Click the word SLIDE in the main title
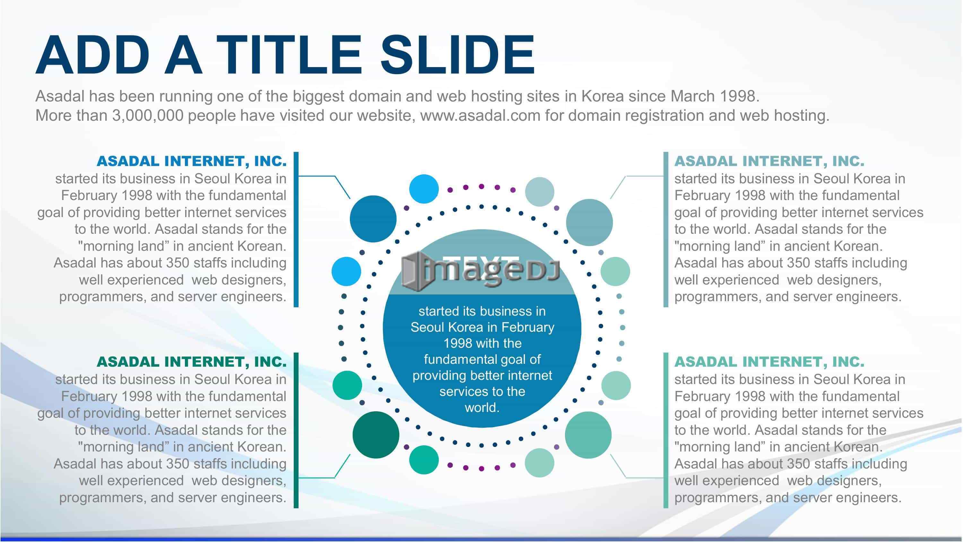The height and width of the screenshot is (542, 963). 457,55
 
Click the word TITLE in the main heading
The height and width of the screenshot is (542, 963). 289,55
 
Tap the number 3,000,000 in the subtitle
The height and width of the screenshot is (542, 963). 148,116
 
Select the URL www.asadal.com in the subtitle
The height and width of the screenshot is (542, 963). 481,116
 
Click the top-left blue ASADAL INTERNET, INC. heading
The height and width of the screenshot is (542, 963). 191,161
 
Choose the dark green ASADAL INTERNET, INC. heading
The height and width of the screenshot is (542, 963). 191,362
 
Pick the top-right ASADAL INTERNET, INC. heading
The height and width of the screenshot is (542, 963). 769,161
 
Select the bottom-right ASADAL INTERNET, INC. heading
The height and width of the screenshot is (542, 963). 769,362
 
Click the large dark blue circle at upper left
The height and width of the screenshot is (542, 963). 373,219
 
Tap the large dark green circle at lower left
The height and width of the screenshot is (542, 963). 376,435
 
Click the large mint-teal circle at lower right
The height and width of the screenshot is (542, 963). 588,435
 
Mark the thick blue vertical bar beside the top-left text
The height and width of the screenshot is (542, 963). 296,229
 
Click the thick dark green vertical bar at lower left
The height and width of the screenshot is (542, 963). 296,430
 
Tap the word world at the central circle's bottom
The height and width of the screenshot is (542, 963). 482,407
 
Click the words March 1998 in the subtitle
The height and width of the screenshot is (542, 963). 715,97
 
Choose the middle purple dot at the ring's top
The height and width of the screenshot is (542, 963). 481,186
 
